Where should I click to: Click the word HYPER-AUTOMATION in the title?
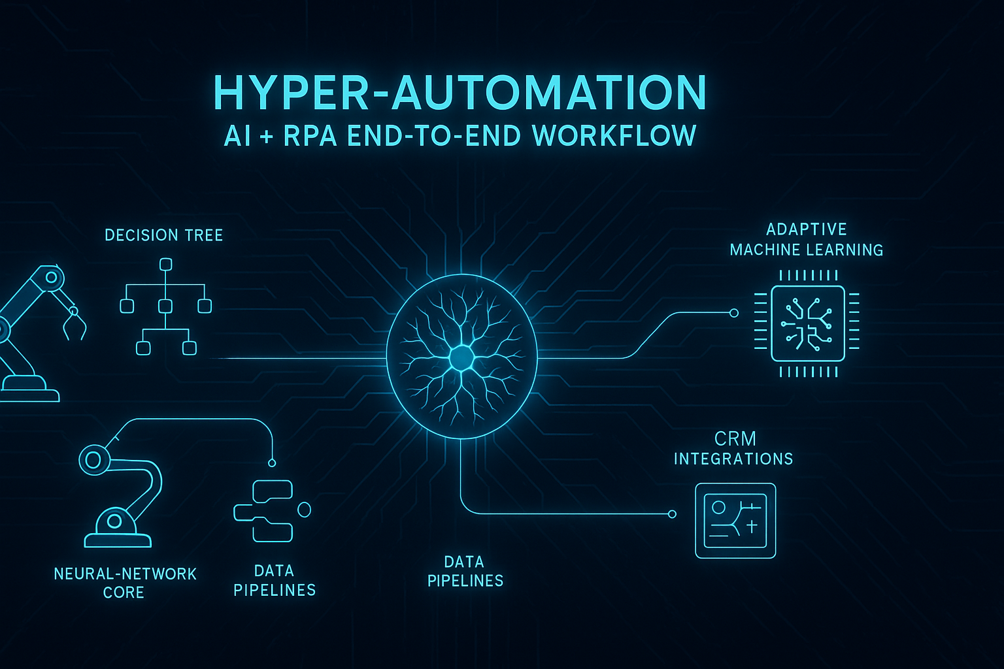[460, 93]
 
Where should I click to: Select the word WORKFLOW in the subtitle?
[614, 136]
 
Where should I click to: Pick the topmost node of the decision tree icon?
[165, 265]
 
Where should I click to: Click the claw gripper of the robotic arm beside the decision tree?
[74, 325]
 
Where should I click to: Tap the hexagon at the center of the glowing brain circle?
[461, 357]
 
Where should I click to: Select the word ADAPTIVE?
[807, 229]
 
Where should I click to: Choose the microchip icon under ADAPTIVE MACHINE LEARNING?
[807, 323]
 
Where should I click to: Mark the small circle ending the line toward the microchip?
[733, 313]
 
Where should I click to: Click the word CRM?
[735, 438]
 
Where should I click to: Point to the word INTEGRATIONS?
[733, 459]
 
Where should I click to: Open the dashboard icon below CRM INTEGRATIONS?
[735, 521]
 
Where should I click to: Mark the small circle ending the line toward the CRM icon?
[672, 514]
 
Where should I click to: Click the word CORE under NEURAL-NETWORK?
[124, 593]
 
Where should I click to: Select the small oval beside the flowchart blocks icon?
[304, 509]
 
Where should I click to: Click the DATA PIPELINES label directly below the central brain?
[465, 571]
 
